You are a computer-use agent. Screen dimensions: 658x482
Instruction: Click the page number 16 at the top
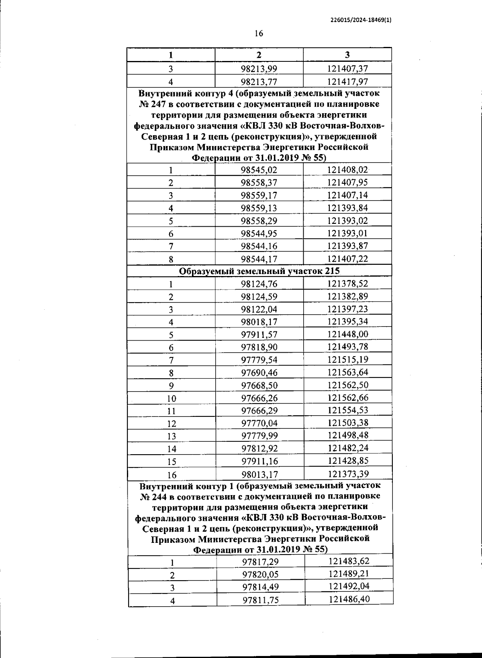pos(259,33)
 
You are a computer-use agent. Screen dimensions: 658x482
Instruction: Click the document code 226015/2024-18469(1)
pos(361,20)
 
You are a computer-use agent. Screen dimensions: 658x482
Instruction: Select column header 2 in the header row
pos(259,55)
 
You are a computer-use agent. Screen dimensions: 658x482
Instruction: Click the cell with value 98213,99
pos(259,69)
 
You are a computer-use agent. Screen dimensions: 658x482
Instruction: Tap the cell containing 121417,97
pos(347,81)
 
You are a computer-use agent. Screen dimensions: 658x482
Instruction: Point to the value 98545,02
pos(259,170)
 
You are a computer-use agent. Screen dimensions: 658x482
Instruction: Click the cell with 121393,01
pos(347,233)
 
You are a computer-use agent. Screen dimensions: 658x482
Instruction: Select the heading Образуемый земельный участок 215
pos(259,271)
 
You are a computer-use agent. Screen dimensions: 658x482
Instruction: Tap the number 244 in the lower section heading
pos(159,497)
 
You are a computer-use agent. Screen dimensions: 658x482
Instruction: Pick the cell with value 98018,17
pos(259,322)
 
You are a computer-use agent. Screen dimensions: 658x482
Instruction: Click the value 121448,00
pos(347,334)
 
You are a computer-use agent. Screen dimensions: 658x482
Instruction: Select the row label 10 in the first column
pos(172,398)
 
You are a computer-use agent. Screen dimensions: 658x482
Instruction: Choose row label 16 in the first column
pos(172,475)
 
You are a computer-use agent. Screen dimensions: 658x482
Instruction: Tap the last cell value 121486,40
pos(349,599)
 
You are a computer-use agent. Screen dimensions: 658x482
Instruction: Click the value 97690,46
pos(259,373)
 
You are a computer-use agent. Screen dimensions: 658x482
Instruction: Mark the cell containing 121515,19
pos(347,359)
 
